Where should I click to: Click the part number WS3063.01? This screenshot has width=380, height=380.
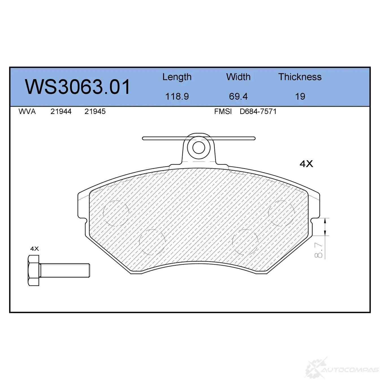(77, 87)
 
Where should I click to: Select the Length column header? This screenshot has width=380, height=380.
(177, 77)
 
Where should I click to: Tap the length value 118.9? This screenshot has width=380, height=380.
(177, 97)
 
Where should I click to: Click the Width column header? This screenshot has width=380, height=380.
(238, 77)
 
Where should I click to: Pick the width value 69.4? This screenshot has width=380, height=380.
(238, 97)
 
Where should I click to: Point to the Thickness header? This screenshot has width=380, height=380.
(300, 77)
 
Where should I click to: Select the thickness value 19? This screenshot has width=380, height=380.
(300, 97)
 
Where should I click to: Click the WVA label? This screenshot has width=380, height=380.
(27, 112)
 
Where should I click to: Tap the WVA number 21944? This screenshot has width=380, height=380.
(61, 112)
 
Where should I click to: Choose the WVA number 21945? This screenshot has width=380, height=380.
(95, 112)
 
